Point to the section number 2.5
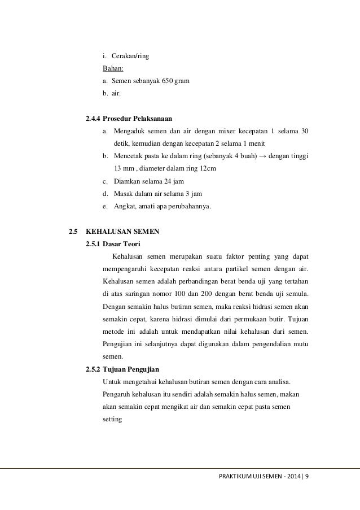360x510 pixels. pos(72,231)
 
